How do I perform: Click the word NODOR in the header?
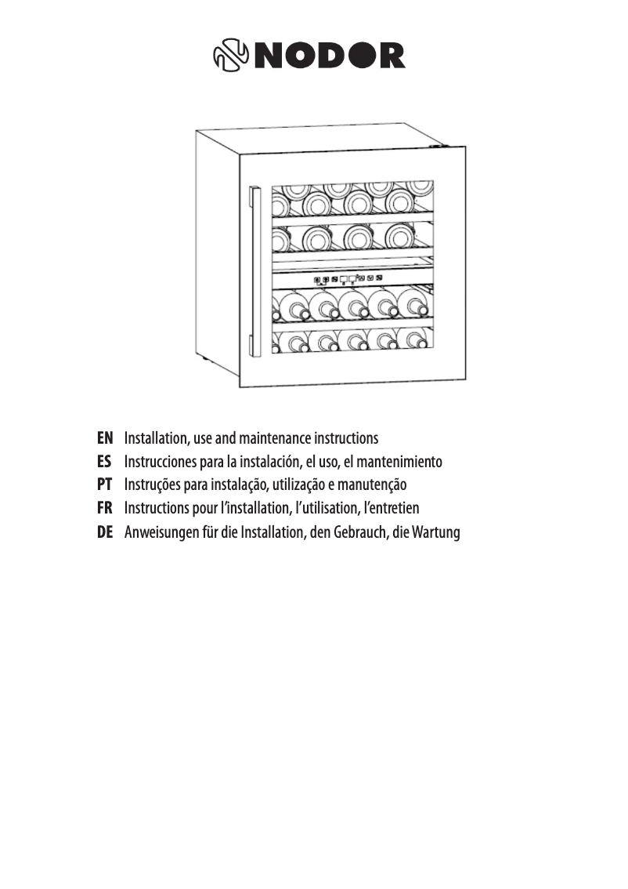[x=333, y=54]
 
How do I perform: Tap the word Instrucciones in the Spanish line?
[x=161, y=461]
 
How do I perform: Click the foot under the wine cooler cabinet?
[x=205, y=359]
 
